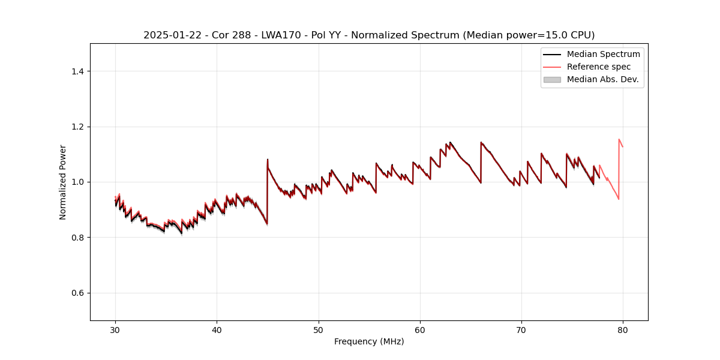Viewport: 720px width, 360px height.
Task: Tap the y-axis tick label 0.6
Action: click(x=77, y=293)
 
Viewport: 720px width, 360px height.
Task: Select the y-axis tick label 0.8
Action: click(x=77, y=238)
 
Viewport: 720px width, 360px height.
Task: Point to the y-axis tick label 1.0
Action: click(x=77, y=182)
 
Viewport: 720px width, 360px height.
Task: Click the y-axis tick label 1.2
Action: click(x=77, y=127)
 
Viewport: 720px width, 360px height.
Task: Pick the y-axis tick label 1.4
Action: click(x=77, y=71)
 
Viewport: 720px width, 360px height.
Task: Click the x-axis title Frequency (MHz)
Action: click(x=369, y=341)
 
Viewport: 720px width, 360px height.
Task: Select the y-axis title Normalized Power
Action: click(x=62, y=182)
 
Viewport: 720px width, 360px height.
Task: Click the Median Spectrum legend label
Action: click(x=603, y=55)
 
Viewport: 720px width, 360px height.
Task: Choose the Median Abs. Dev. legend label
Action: click(x=602, y=79)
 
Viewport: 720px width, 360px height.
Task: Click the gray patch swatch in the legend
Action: click(x=552, y=79)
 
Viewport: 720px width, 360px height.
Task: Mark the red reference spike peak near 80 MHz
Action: click(x=619, y=139)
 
